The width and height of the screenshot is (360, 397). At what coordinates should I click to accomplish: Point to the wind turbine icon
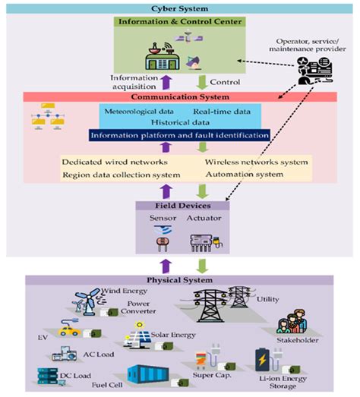coord(85,298)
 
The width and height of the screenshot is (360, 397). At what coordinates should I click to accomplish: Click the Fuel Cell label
coord(103,385)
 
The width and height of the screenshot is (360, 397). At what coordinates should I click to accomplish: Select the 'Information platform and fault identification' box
coord(178,135)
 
